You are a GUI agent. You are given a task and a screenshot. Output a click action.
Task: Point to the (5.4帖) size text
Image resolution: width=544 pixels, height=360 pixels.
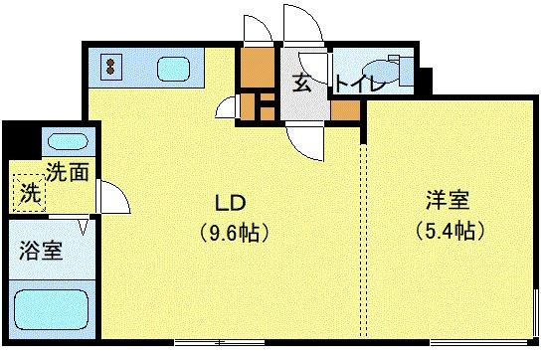point(451,231)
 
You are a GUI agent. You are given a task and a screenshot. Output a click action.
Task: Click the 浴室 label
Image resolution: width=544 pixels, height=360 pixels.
point(41,250)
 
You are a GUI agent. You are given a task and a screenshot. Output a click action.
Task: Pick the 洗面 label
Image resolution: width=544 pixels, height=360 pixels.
point(68,171)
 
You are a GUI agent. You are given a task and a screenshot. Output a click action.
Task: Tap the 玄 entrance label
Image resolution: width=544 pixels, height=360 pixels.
point(301,84)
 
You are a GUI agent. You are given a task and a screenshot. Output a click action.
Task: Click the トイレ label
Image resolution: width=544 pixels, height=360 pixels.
point(359,85)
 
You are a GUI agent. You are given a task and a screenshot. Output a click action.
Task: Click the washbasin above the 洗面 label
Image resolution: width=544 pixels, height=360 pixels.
point(67,140)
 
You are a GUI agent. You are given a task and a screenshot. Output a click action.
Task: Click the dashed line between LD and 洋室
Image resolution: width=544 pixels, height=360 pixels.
point(365,239)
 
